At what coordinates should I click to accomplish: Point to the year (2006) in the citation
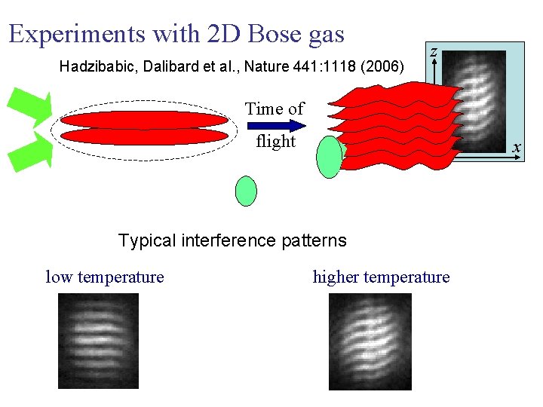coord(382,67)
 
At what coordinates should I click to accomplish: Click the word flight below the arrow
coord(275,142)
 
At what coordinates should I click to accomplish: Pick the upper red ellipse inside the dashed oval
coord(143,120)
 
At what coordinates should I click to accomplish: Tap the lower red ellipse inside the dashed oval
coord(143,136)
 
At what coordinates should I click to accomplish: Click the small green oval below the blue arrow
coord(246,191)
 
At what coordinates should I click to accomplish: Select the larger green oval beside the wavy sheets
coord(329,157)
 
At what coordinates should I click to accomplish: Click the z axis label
coord(433,51)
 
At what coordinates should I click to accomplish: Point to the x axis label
coord(516,148)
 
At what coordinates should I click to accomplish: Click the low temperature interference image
coord(99,341)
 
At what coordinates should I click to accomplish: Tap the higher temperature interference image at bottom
coord(370,341)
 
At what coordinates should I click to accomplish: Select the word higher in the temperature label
coord(336,277)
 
